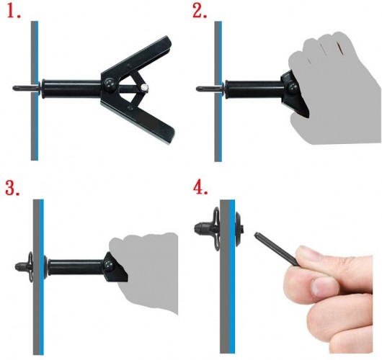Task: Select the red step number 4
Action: (x=200, y=187)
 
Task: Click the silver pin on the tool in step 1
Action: (x=145, y=88)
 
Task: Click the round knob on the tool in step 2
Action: (x=293, y=89)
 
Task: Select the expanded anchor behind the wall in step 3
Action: (x=24, y=266)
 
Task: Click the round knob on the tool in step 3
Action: (x=108, y=264)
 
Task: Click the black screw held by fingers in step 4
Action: (x=277, y=249)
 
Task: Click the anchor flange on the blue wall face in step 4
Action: (x=239, y=228)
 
